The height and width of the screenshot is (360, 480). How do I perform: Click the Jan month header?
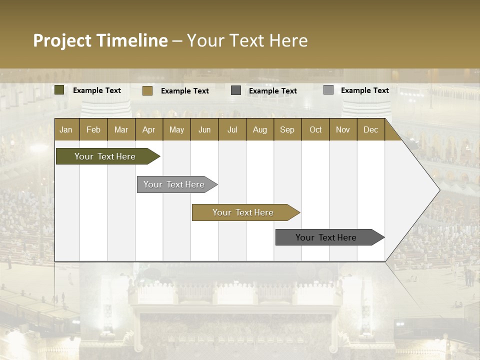pos(66,129)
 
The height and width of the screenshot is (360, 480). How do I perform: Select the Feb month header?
pos(93,129)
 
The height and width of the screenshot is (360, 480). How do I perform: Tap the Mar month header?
pos(121,129)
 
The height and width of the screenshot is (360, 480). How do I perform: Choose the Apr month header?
pos(149,129)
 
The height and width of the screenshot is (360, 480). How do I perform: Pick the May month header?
pos(176,129)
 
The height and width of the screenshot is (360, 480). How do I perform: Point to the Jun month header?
pos(204,129)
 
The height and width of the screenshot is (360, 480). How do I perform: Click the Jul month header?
pos(232,129)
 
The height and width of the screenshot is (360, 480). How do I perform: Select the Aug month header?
pos(260,129)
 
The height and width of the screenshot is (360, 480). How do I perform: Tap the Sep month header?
pos(287,129)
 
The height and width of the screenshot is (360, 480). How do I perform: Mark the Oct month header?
pos(315,129)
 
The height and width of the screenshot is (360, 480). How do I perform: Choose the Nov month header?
pos(343,129)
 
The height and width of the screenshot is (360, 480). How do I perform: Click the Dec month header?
pos(371,129)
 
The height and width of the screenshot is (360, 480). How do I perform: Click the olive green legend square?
pos(59,90)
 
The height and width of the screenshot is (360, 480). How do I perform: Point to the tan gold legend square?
pos(147,90)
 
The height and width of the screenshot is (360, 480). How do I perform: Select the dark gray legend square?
pos(236,90)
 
